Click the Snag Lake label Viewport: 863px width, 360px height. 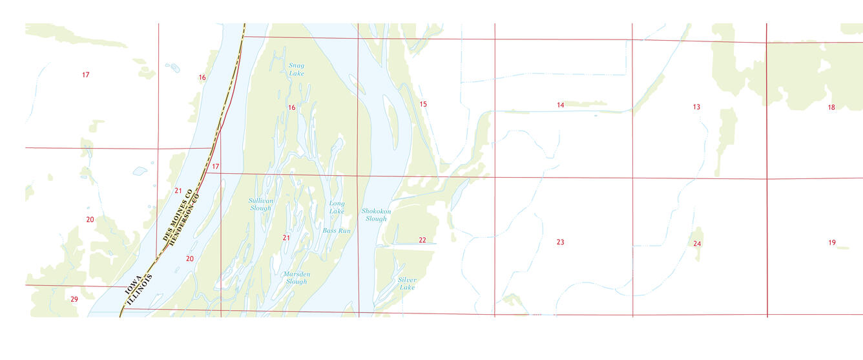(296, 69)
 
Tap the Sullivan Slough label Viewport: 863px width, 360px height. (261, 204)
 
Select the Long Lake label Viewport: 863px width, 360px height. (337, 207)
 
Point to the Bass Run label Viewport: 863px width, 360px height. (337, 231)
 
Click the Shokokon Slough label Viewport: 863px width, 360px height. (376, 215)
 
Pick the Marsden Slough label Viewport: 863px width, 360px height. (296, 278)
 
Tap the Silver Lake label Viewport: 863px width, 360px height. (407, 283)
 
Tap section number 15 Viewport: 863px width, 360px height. (423, 104)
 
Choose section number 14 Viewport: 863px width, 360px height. (560, 105)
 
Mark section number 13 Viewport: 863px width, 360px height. (696, 107)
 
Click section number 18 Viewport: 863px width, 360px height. (831, 107)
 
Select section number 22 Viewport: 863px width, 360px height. (422, 240)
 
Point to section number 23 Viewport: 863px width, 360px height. (560, 242)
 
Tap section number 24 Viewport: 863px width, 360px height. (697, 244)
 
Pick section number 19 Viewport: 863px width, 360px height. (832, 242)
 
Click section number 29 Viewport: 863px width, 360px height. (74, 299)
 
